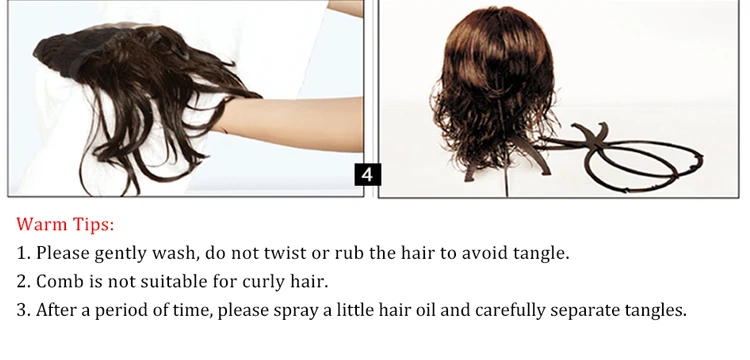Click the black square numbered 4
tap(368, 175)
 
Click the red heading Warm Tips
tap(66, 224)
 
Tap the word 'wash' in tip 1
tap(175, 253)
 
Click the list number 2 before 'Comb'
tap(23, 282)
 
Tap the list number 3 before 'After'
tap(23, 310)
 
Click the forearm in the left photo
tap(288, 123)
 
